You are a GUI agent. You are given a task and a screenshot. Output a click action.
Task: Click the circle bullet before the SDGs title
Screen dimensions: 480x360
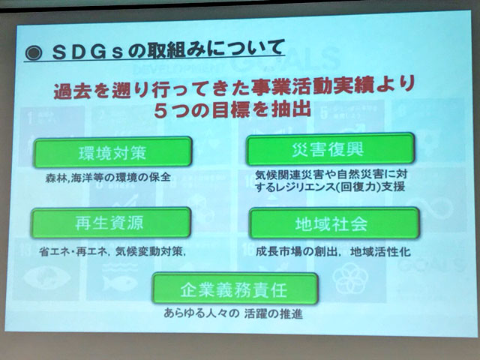coord(34,53)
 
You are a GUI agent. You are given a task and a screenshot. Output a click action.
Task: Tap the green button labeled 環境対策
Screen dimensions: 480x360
coord(112,152)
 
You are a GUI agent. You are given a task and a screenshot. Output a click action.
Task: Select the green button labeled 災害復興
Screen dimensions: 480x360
coord(330,149)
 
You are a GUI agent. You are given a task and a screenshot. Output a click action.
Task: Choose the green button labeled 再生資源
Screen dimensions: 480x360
coord(111,223)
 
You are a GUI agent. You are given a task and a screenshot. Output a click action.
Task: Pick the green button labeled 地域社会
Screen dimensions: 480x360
coord(334,223)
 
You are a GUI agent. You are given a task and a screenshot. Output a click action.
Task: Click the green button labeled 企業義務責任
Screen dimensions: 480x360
coord(235,289)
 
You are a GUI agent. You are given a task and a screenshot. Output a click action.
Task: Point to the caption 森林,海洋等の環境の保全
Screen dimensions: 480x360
coord(108,178)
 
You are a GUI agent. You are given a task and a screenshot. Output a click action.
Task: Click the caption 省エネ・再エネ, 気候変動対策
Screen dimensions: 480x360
coord(112,252)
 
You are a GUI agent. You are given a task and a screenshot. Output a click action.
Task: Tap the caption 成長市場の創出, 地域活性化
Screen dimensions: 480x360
coord(333,252)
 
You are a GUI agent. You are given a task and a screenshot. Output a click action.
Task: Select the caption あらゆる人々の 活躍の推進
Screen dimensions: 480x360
coord(233,313)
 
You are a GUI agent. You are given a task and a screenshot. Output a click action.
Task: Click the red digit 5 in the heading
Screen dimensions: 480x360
coord(160,110)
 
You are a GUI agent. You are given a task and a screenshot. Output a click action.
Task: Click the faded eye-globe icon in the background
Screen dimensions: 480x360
coord(46,277)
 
